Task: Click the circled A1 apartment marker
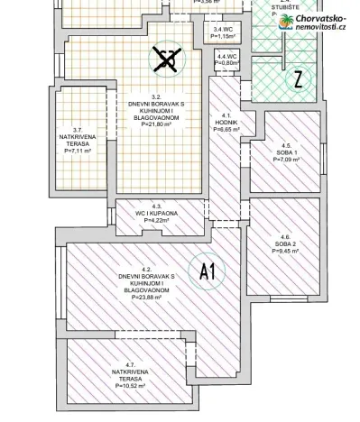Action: click(x=206, y=271)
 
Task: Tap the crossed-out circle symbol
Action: click(x=164, y=60)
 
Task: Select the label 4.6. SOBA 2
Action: click(x=285, y=239)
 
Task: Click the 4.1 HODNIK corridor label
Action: click(x=226, y=119)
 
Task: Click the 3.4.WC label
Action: click(x=223, y=30)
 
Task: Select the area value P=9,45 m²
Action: click(x=285, y=252)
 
